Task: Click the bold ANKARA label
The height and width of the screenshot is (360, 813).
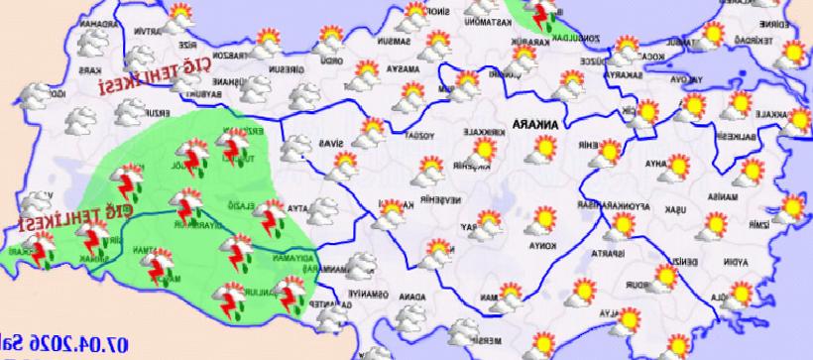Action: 533,126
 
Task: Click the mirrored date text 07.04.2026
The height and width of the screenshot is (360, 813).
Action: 59,343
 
